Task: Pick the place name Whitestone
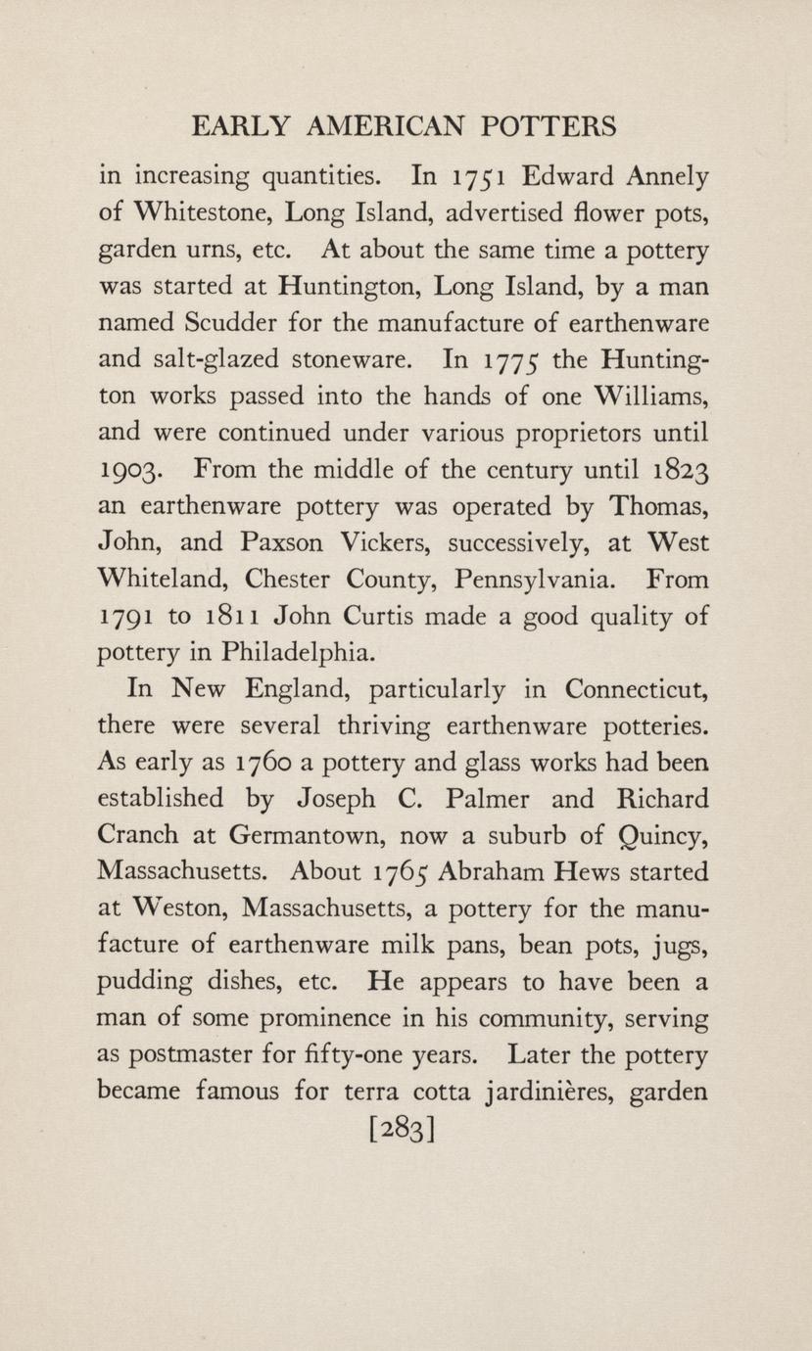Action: tap(196, 214)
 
